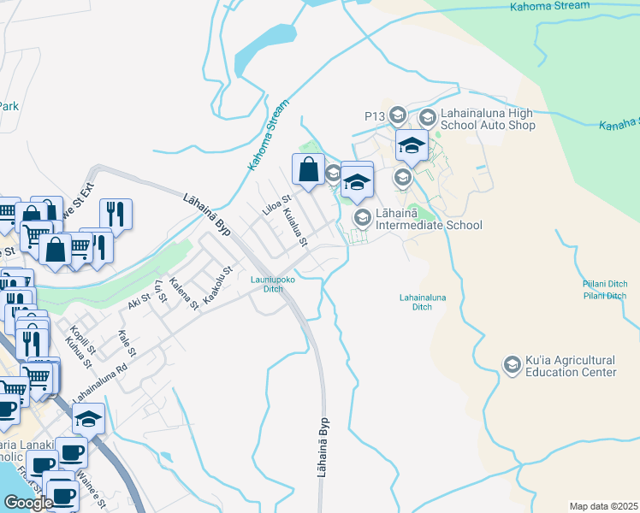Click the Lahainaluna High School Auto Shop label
pos(488,120)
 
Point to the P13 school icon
pos(397,115)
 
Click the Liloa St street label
pos(276,205)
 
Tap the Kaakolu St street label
pos(218,282)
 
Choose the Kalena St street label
pos(184,293)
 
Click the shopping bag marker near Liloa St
pos(309,169)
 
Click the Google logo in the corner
pos(28,503)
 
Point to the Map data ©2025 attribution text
pos(604,506)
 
